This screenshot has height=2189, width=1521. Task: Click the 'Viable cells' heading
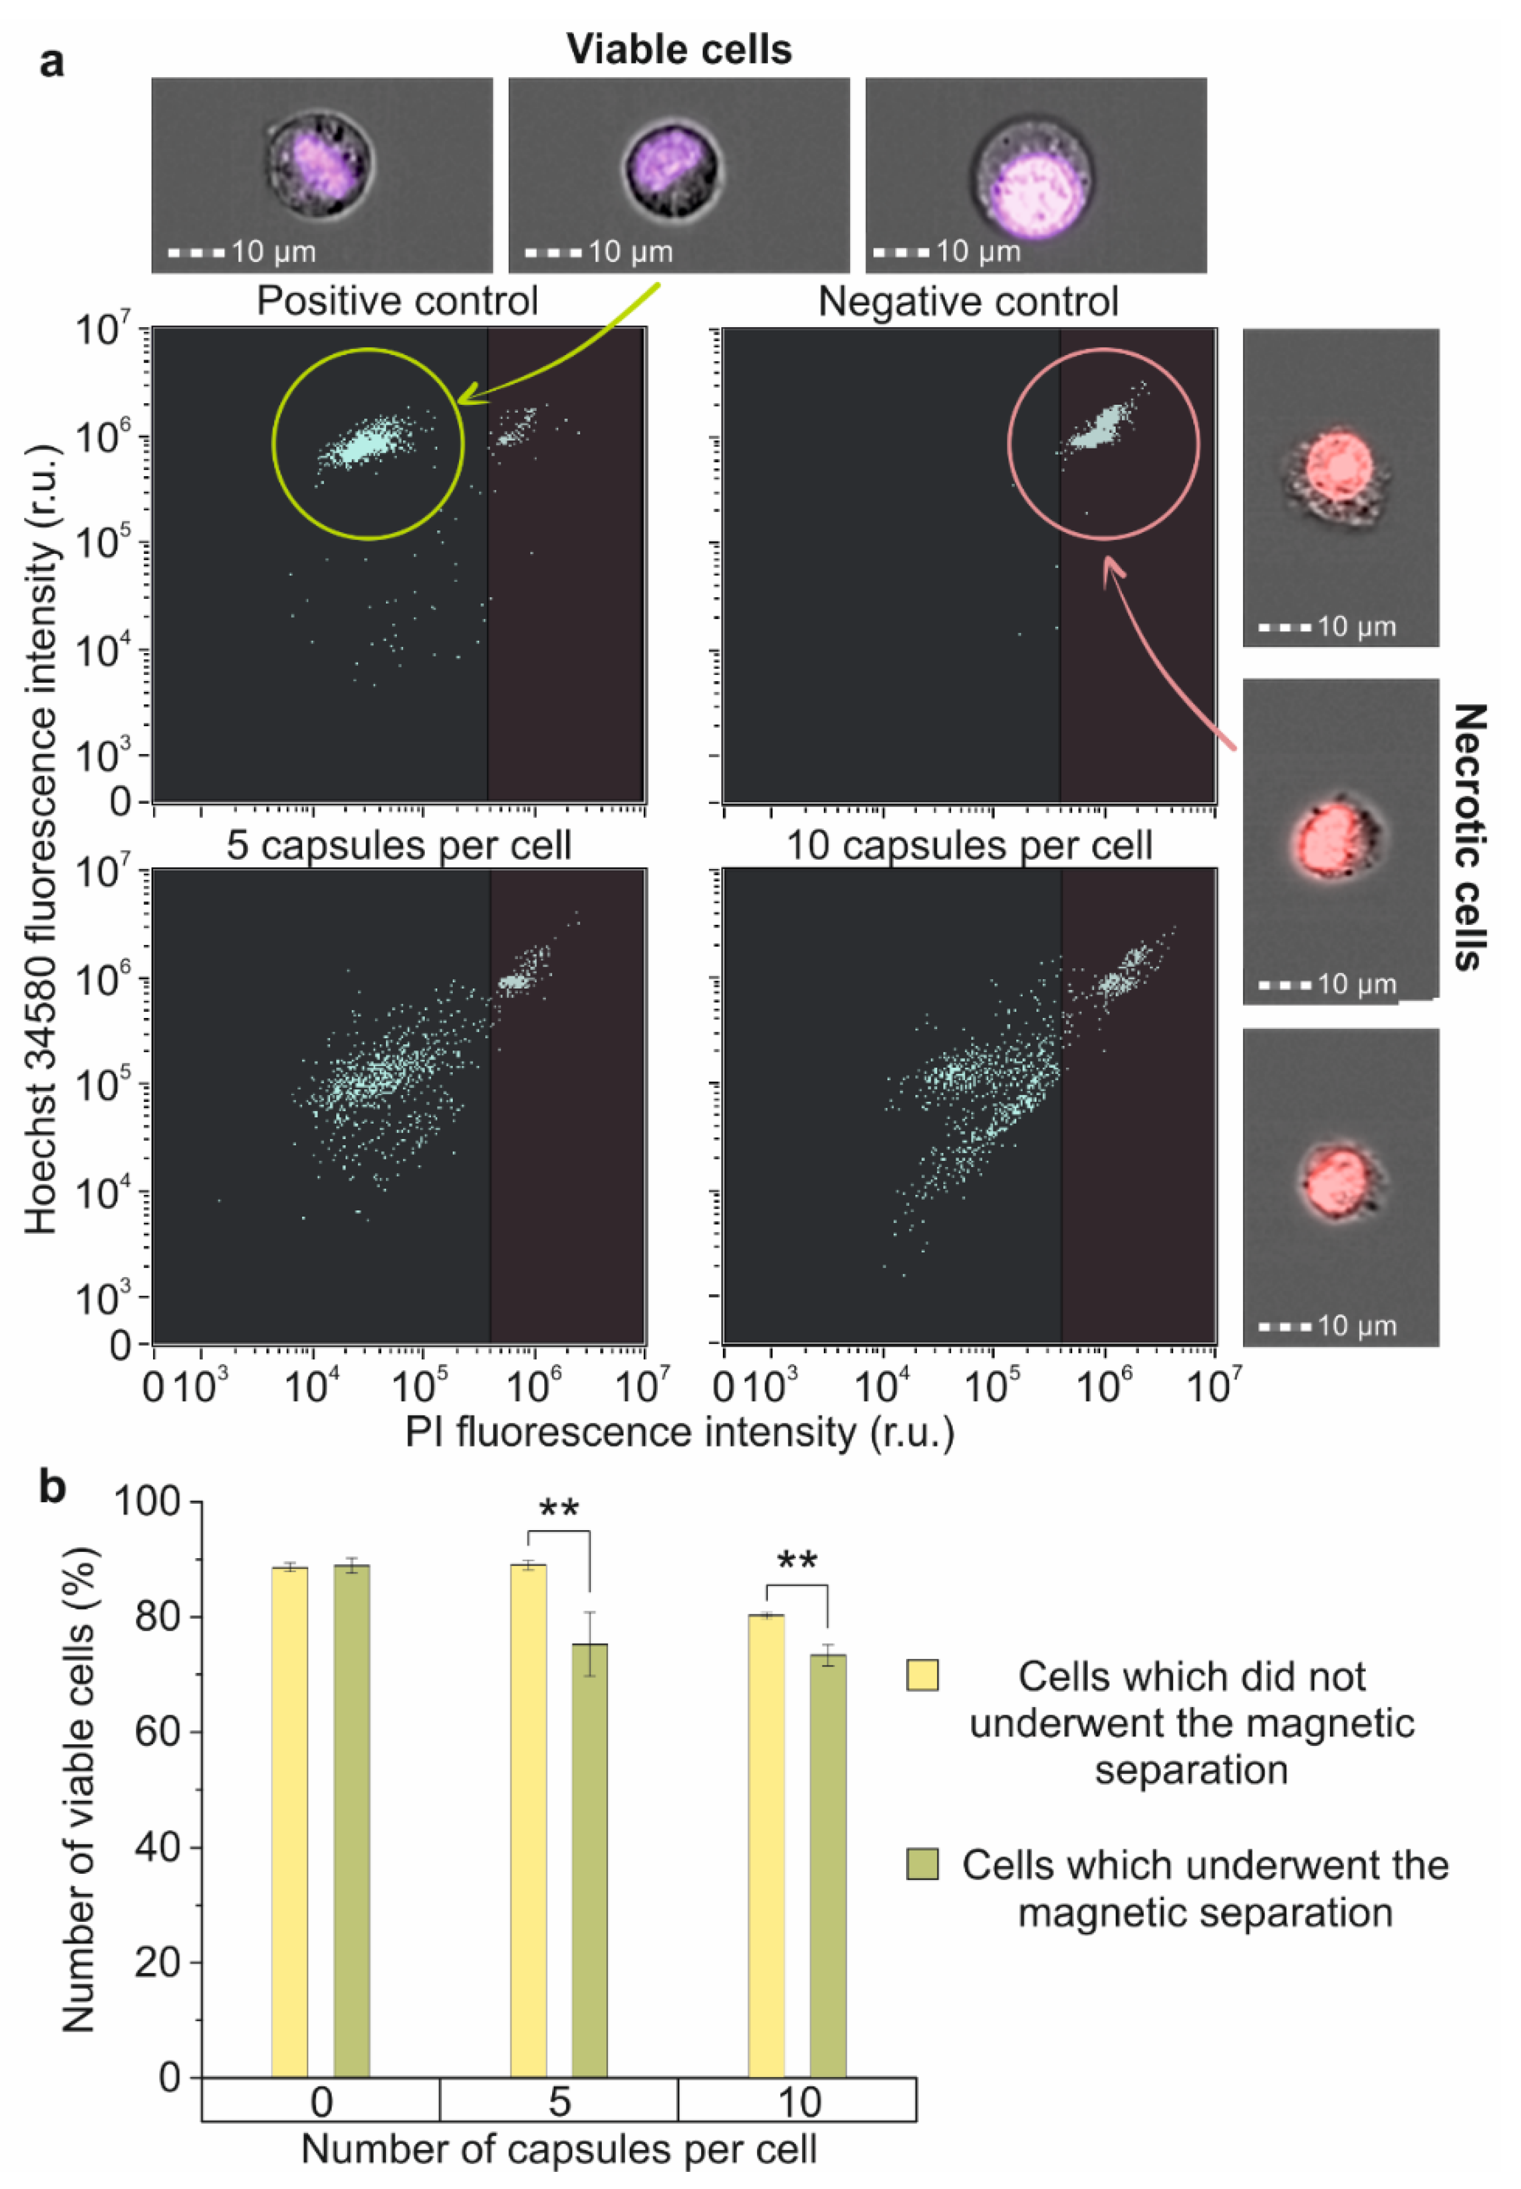[678, 50]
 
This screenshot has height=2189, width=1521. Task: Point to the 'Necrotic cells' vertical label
[1468, 836]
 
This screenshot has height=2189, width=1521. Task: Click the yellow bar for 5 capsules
[528, 1820]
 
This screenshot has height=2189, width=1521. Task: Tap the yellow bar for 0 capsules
[289, 1820]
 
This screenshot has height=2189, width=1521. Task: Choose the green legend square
[922, 1863]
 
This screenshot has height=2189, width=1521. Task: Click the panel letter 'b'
[53, 1487]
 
